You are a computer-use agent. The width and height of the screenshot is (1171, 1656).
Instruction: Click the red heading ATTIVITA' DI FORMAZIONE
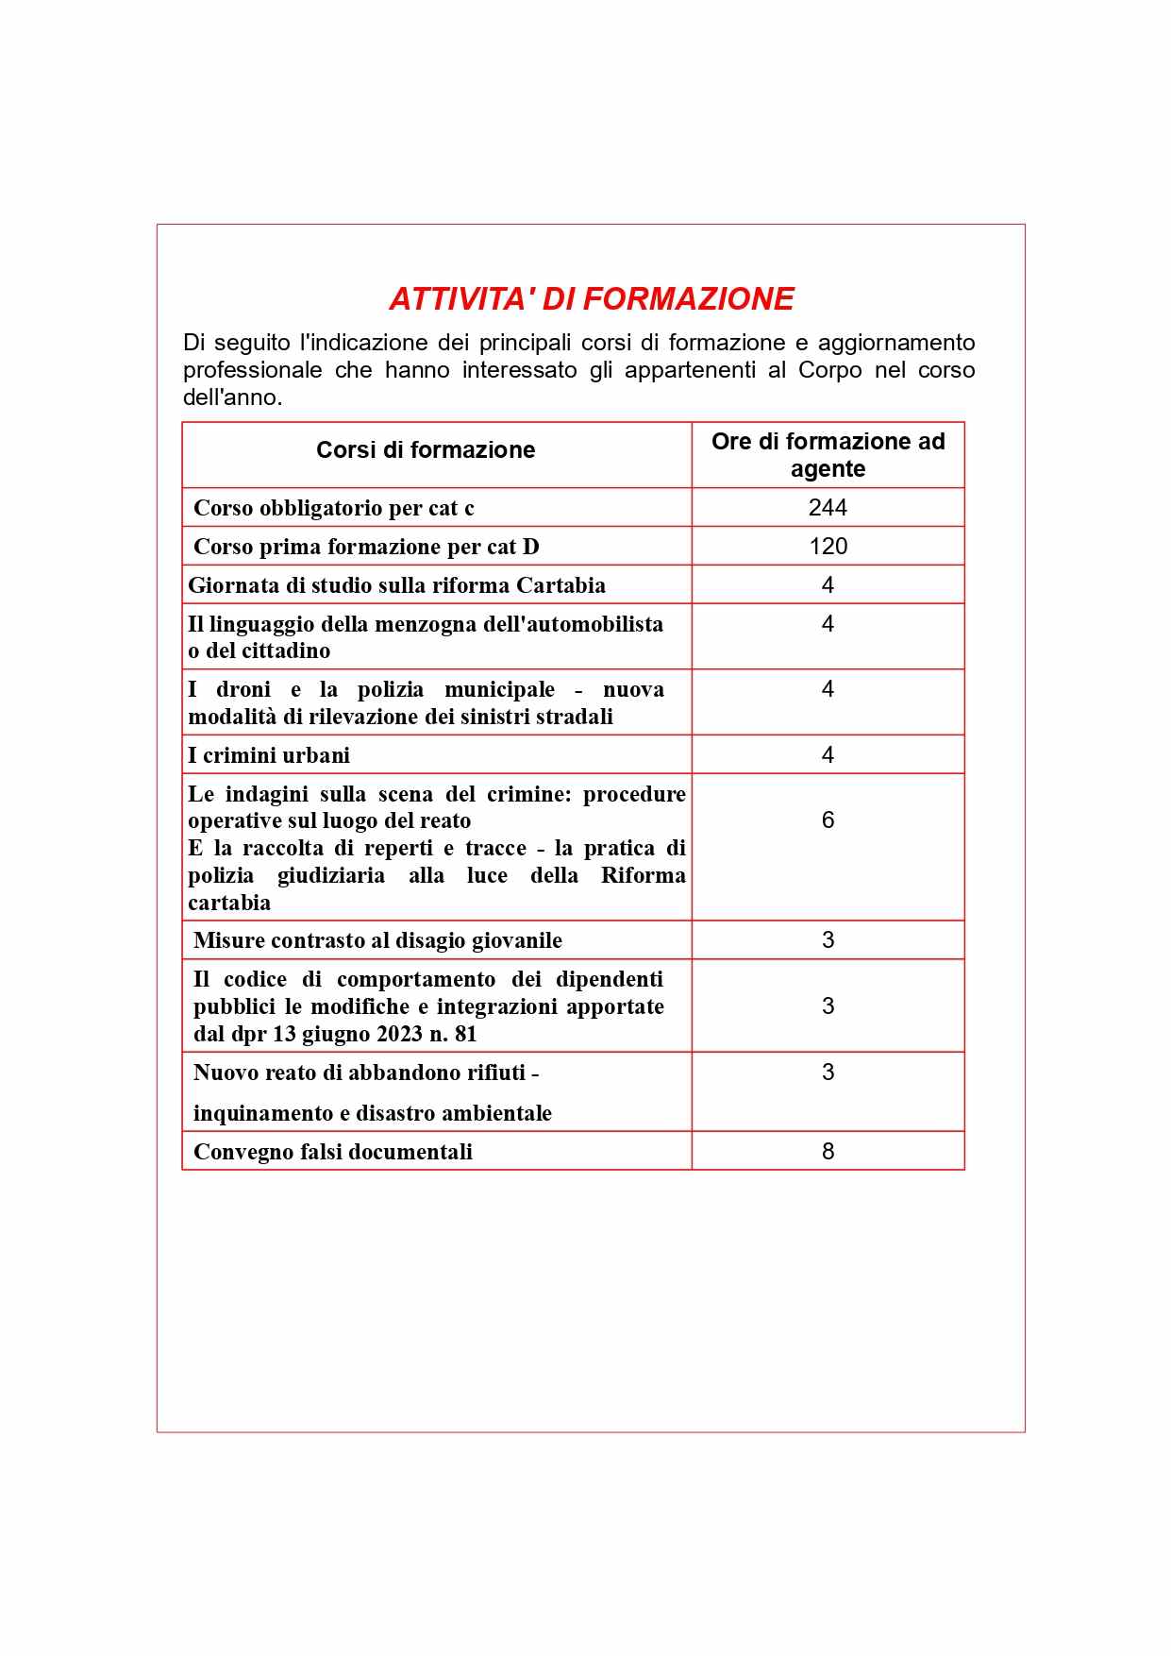(x=591, y=298)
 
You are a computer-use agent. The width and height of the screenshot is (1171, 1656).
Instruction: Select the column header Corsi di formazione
(x=426, y=450)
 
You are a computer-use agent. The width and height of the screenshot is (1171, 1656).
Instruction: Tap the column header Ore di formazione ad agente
(x=828, y=455)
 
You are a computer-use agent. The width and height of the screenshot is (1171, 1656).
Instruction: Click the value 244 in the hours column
(x=828, y=508)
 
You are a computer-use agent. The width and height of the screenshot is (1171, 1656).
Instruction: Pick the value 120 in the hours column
(x=828, y=547)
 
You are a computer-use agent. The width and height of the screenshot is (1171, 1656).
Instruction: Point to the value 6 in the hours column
(x=828, y=820)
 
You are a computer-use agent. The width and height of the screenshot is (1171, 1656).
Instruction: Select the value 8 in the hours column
(x=828, y=1152)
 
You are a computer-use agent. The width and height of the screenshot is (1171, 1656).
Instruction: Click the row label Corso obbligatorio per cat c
(x=333, y=509)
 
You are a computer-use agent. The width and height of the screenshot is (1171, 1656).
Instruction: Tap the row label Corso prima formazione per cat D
(x=366, y=548)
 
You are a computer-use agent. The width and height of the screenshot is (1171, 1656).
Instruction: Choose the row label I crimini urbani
(x=269, y=755)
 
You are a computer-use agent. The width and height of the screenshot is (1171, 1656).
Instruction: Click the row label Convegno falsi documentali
(x=332, y=1152)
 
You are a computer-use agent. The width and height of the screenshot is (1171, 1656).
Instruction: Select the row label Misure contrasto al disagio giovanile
(x=377, y=940)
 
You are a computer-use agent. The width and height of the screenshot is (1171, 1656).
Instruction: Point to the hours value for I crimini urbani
(x=828, y=755)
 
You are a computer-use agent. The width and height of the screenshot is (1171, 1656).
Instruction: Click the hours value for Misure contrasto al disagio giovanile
(x=828, y=940)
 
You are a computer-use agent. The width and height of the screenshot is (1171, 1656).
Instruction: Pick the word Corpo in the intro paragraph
(x=829, y=370)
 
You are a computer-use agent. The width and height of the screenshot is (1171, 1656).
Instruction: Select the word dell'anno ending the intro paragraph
(x=232, y=397)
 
